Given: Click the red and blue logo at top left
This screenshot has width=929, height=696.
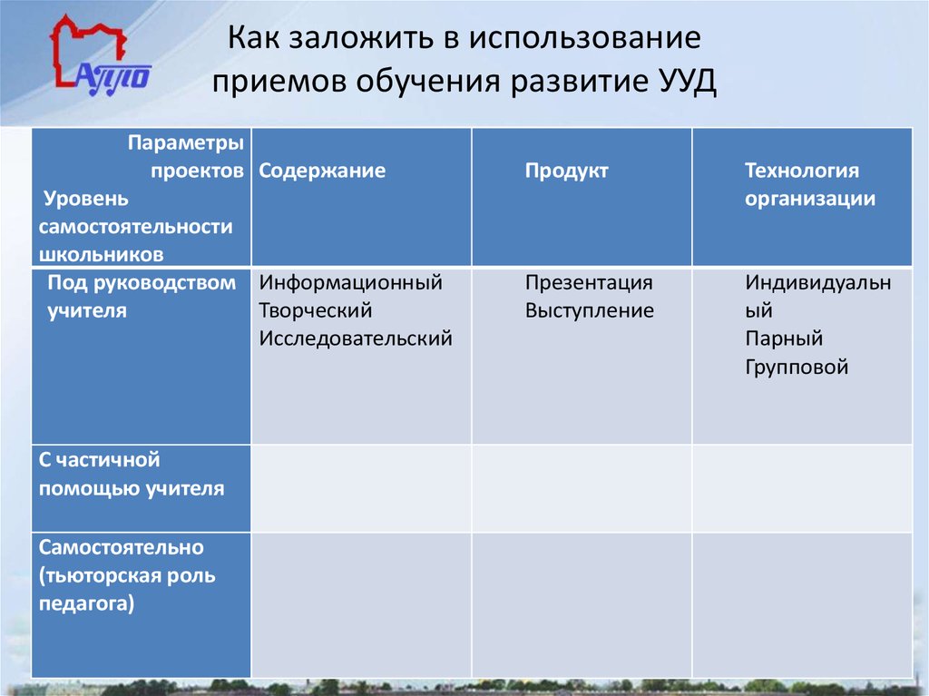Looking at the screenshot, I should pyautogui.click(x=100, y=57).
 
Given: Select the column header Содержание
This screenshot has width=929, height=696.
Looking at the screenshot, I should pyautogui.click(x=322, y=171).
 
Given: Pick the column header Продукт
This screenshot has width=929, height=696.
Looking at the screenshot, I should pyautogui.click(x=566, y=171).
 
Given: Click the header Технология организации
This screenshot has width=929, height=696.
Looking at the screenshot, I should pyautogui.click(x=809, y=184).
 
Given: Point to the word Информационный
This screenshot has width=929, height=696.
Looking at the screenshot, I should pyautogui.click(x=350, y=283).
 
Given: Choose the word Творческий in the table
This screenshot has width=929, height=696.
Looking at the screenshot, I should pyautogui.click(x=316, y=311).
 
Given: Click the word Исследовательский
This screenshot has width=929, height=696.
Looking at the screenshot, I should pyautogui.click(x=356, y=339).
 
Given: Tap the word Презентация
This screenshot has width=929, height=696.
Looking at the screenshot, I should pyautogui.click(x=589, y=283).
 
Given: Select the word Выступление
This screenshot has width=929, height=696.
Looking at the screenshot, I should pyautogui.click(x=589, y=311).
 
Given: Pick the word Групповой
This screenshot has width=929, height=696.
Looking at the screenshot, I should pyautogui.click(x=797, y=368).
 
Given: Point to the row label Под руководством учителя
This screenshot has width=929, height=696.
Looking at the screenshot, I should pyautogui.click(x=141, y=297).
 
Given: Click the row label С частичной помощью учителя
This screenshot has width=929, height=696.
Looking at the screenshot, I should pyautogui.click(x=132, y=475).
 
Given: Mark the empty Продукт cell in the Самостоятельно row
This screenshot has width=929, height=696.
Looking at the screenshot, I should pyautogui.click(x=581, y=604).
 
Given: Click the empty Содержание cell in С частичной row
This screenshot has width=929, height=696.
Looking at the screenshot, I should pyautogui.click(x=361, y=487).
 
